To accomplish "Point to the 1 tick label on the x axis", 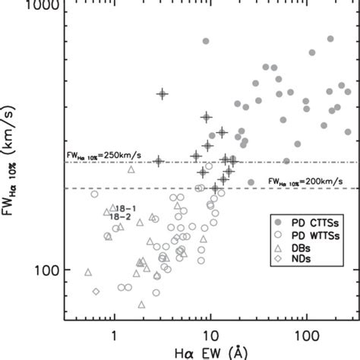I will (114, 333).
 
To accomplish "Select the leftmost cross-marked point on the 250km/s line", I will (158, 161).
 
